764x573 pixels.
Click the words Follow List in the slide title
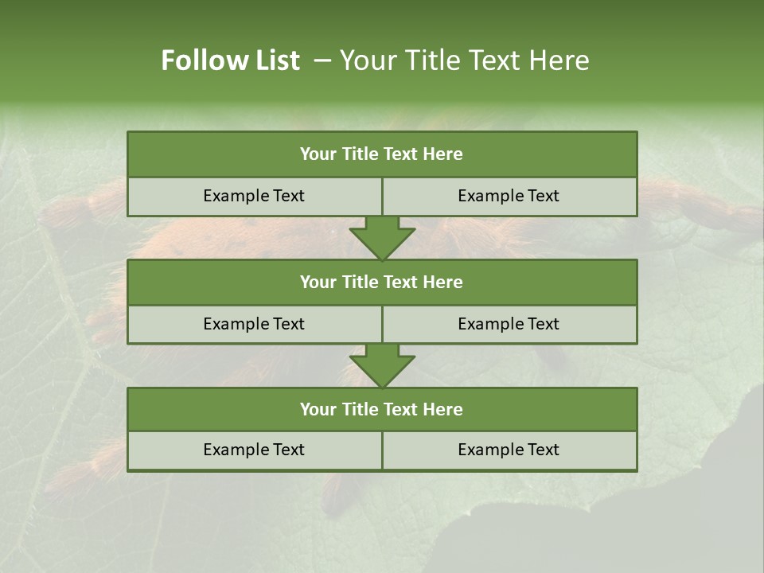pyautogui.click(x=230, y=60)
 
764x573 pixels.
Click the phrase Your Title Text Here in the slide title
pyautogui.click(x=464, y=60)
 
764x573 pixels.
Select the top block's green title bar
pyautogui.click(x=382, y=154)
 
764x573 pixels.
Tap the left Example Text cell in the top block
pyautogui.click(x=254, y=196)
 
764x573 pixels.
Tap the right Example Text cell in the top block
pyautogui.click(x=509, y=196)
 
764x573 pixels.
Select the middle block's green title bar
pyautogui.click(x=382, y=282)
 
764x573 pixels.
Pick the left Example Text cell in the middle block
pyautogui.click(x=254, y=324)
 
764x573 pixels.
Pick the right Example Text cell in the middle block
pyautogui.click(x=509, y=324)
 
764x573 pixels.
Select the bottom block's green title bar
pyautogui.click(x=382, y=409)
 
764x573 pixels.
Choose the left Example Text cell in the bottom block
pyautogui.click(x=254, y=450)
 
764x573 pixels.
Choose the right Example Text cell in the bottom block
pyautogui.click(x=509, y=450)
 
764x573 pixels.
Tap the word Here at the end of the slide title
pyautogui.click(x=558, y=60)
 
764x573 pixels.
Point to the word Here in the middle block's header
pyautogui.click(x=443, y=282)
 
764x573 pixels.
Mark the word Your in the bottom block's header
pyautogui.click(x=318, y=409)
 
